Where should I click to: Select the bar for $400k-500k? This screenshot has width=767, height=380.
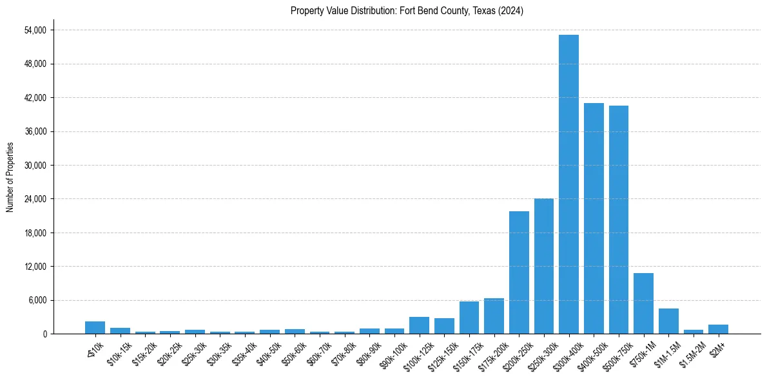pos(594,218)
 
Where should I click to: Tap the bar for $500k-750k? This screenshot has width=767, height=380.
pos(618,220)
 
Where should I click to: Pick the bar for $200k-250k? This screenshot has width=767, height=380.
pos(519,272)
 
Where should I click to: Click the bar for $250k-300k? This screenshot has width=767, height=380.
pos(544,266)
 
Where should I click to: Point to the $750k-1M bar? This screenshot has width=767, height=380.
pos(643,303)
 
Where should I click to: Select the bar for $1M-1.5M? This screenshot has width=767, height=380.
pos(668,321)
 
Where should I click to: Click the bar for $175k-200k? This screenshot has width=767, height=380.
pos(494,316)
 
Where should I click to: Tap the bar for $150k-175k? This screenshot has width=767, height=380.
pos(469,318)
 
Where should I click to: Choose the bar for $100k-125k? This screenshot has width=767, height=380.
pos(419,325)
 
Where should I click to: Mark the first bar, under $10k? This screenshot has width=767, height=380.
pos(95,327)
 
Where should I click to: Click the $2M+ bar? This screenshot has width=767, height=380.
pos(718,329)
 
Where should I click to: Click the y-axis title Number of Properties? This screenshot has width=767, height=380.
pos(10,176)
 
